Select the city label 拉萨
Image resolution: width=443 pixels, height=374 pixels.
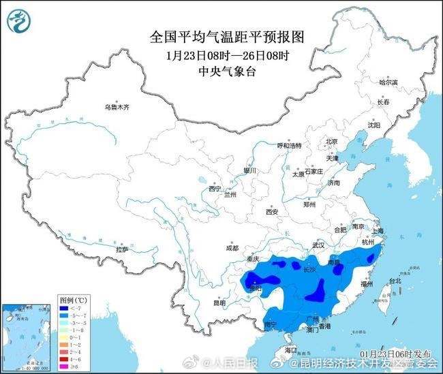click(x=122, y=250)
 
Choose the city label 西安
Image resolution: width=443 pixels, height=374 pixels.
click(x=272, y=212)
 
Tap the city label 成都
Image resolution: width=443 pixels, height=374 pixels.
click(x=233, y=249)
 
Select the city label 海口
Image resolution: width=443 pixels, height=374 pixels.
click(x=292, y=349)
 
